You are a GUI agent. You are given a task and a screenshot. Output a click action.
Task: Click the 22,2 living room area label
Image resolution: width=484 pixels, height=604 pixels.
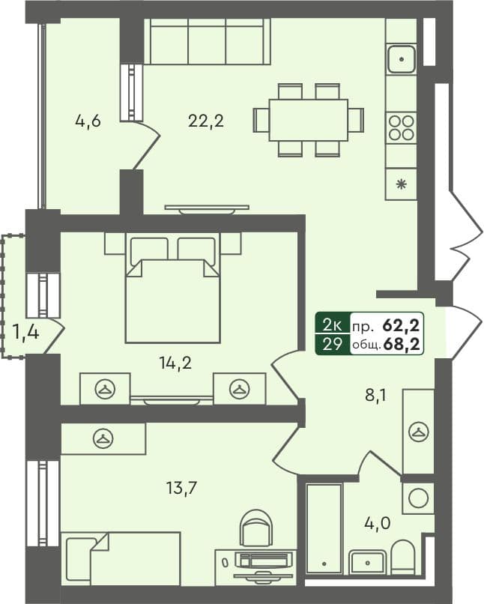(x=207, y=120)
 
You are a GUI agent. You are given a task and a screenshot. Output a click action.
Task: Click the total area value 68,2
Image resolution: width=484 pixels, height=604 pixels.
(x=402, y=344)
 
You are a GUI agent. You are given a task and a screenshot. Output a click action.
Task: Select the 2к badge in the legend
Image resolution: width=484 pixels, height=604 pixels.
(x=333, y=324)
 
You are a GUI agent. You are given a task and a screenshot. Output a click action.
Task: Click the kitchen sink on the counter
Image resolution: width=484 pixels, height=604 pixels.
(x=401, y=56)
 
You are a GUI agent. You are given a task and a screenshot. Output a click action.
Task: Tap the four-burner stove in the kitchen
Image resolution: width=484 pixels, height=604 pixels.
(x=401, y=127)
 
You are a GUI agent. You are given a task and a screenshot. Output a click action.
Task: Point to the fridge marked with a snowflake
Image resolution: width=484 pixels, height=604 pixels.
(x=401, y=184)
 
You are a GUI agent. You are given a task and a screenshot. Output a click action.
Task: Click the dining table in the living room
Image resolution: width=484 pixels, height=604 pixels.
(x=308, y=120)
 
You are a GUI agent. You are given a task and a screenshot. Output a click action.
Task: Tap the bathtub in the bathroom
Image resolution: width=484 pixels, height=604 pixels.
(x=324, y=528)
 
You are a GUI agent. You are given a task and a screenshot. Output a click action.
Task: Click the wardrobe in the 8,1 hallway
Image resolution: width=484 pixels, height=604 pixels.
(x=418, y=431)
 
